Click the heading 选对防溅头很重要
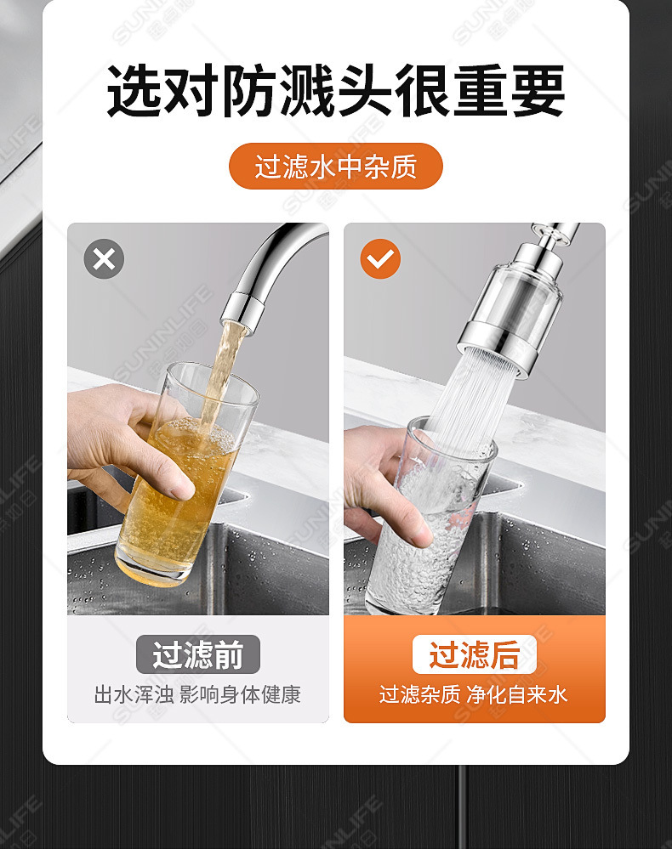[336, 92]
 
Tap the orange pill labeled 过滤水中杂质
[336, 166]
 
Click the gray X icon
[104, 259]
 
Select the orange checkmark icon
[380, 259]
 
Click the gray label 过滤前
[197, 655]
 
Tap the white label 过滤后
[474, 655]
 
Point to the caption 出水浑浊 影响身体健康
[197, 694]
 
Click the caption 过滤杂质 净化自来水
[474, 694]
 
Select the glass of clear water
[425, 527]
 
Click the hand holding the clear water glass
[383, 484]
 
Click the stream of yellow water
[223, 374]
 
